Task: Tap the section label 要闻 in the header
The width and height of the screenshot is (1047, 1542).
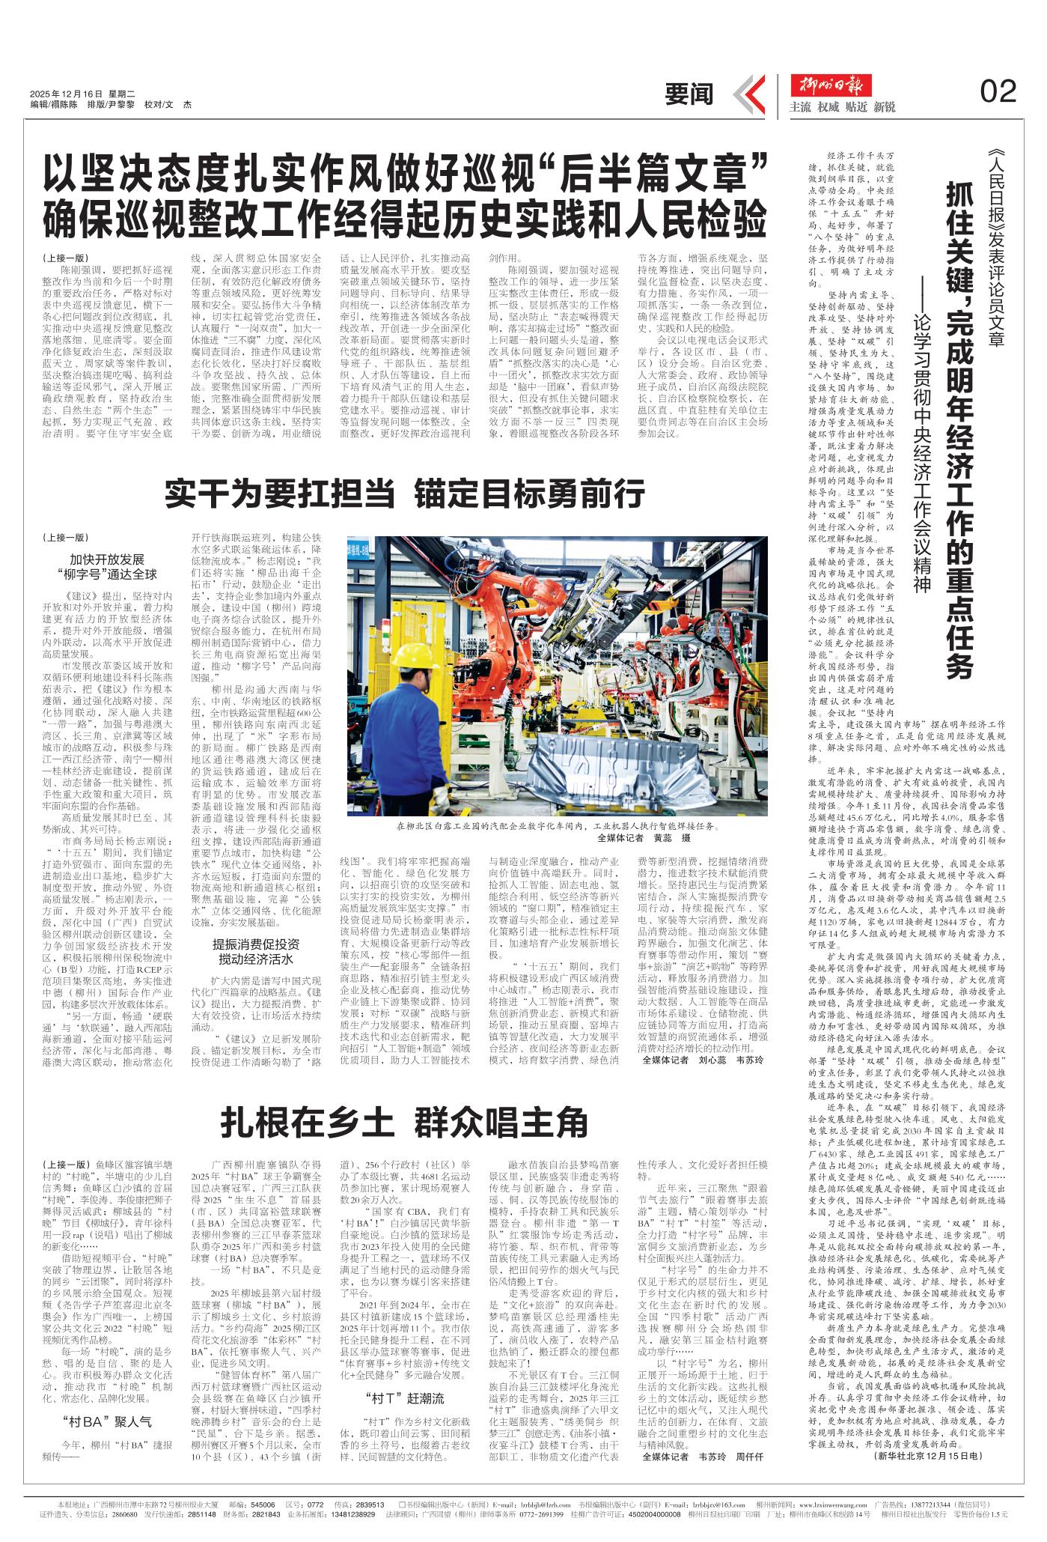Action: (x=689, y=94)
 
